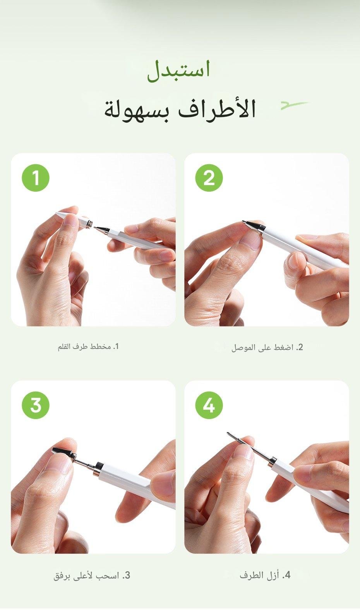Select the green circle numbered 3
(x=36, y=405)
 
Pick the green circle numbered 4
(x=209, y=405)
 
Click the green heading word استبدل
(x=178, y=71)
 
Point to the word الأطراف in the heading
(x=217, y=110)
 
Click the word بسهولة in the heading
(x=139, y=112)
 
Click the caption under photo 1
(x=88, y=347)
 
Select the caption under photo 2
(x=267, y=348)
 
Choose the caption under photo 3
(x=92, y=575)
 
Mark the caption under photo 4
(x=265, y=575)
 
